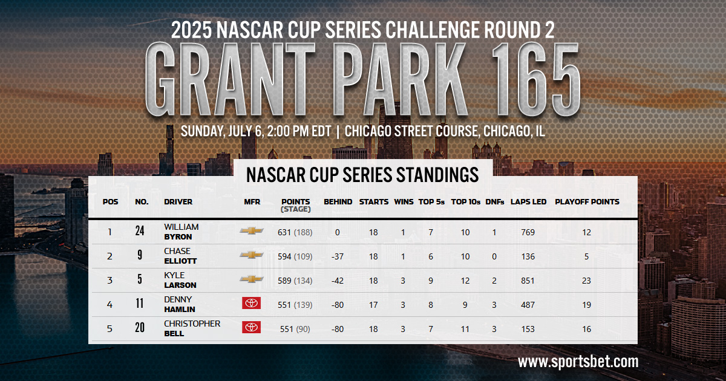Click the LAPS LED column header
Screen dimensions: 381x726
click(528, 202)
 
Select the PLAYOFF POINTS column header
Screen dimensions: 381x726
click(587, 202)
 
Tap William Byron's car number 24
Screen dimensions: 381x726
click(140, 232)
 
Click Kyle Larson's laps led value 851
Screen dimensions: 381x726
click(528, 281)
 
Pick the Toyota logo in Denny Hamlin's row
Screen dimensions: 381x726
click(251, 304)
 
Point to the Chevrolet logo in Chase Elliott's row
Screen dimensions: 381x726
click(251, 255)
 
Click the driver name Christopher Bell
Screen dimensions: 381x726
click(192, 328)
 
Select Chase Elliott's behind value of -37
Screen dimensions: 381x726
click(338, 256)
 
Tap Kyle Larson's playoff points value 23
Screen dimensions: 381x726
click(586, 281)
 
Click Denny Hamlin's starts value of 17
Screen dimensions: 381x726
click(373, 305)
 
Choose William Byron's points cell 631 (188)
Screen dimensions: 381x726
click(295, 232)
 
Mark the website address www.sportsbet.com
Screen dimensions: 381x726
click(578, 362)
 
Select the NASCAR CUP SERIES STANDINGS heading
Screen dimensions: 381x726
click(362, 175)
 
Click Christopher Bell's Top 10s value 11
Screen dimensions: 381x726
click(465, 329)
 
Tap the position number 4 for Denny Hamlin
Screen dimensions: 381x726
click(110, 305)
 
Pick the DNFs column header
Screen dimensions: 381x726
click(495, 202)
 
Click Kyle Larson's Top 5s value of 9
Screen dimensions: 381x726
click(431, 281)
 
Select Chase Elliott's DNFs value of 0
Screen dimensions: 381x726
click(495, 256)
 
